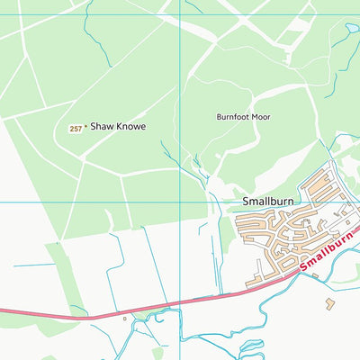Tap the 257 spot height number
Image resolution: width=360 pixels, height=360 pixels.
76,129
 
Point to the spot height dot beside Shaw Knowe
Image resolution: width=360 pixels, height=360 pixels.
85,128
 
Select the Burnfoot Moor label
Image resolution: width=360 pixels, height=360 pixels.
242,117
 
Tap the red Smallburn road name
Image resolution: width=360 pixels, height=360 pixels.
323,253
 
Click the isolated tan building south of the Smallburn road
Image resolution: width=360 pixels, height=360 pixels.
329,304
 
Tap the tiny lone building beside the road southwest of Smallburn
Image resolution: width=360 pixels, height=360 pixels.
124,318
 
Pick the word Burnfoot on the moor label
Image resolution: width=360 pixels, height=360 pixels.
232,117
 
